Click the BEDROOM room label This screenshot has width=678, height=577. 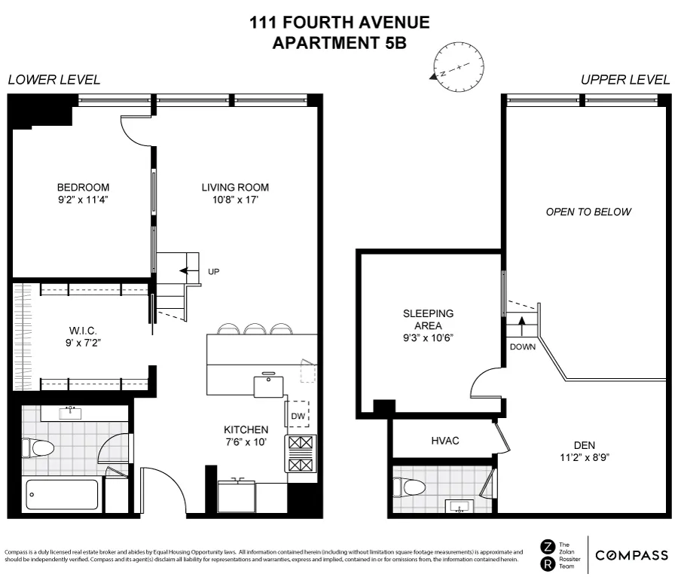(x=83, y=188)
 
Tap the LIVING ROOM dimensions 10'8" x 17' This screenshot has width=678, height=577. (x=234, y=201)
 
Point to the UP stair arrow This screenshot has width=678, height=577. (x=185, y=271)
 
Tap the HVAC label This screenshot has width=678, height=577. (x=445, y=440)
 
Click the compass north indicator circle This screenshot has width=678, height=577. (x=454, y=66)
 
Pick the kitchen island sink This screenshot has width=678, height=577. (x=268, y=385)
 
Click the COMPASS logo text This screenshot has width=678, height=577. (x=631, y=556)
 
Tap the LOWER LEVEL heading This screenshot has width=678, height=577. (x=53, y=80)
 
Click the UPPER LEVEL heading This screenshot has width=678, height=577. (x=625, y=80)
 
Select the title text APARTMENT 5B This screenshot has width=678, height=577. (x=339, y=42)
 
